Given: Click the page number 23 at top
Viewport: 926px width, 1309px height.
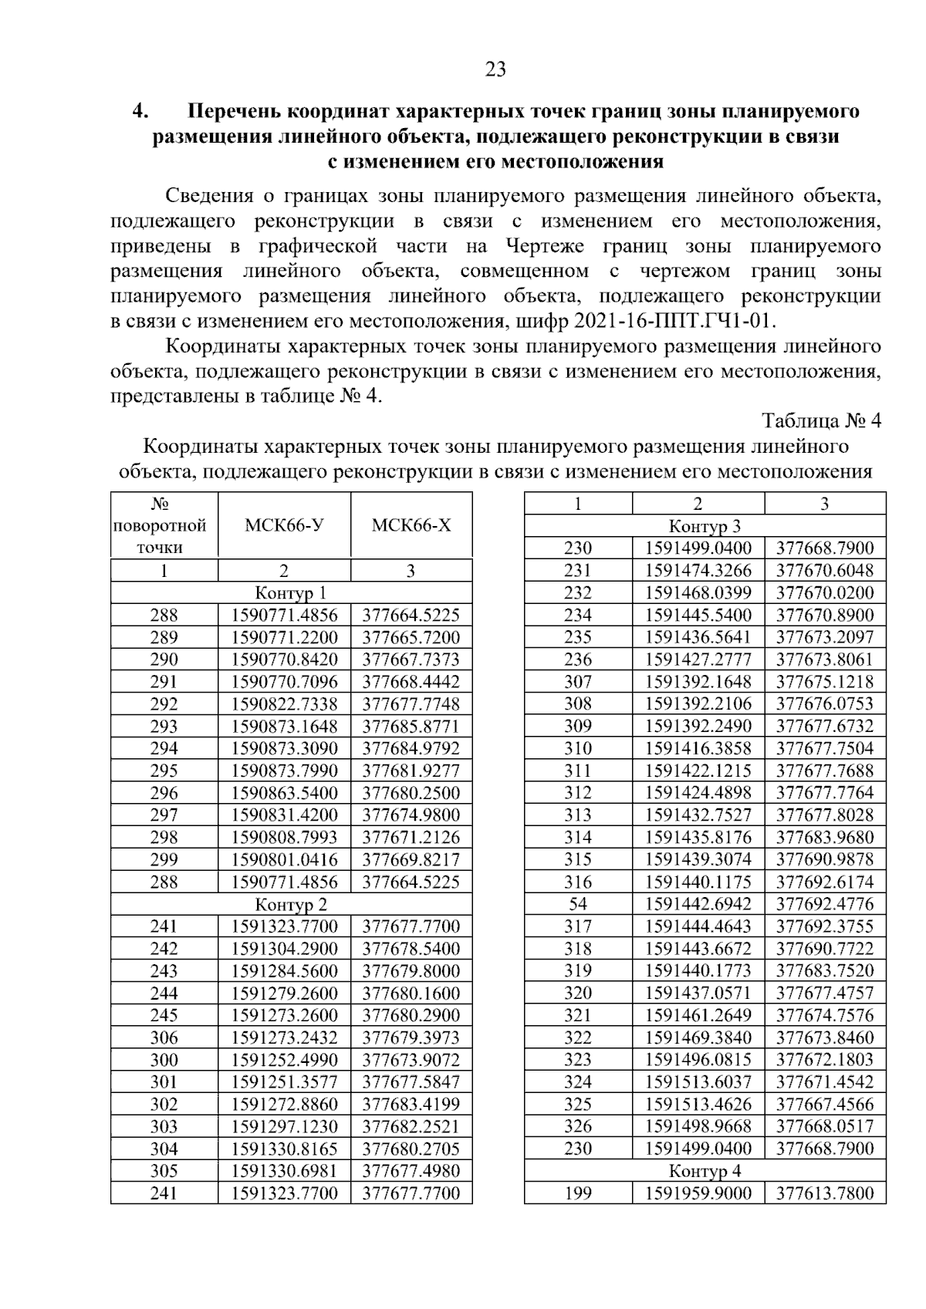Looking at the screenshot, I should coord(495,70).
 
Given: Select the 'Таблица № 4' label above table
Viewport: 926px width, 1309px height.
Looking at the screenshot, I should coord(821,421).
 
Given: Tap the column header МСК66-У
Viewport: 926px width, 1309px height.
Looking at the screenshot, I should coord(284,526).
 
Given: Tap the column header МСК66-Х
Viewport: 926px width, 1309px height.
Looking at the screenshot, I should coord(411,526).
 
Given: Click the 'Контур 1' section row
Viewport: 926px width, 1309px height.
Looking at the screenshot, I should coord(291,593).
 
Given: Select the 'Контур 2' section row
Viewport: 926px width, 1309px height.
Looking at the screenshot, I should coord(291,904).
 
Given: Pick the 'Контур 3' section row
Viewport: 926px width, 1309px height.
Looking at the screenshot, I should coord(705,527).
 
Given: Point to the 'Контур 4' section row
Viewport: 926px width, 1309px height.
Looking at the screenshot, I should coord(705,1171).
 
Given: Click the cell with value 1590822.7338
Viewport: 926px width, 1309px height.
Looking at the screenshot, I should coord(284,704).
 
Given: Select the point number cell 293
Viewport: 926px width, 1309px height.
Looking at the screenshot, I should coord(164,727).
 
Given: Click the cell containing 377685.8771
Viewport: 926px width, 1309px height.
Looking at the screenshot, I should coord(411,727).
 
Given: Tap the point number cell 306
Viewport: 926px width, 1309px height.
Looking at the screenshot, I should coord(164,1037).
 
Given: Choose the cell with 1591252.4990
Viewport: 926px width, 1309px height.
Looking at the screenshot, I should coord(284,1060).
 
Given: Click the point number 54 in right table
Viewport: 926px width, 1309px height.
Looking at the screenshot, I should coord(578,904).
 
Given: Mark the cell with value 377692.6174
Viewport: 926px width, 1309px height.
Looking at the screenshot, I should coord(825,882).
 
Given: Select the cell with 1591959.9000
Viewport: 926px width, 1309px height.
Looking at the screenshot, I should coord(698,1193).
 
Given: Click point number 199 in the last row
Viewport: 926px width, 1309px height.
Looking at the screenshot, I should coord(578,1193).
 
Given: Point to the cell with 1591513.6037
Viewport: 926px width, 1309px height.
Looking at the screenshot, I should coord(698,1082).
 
